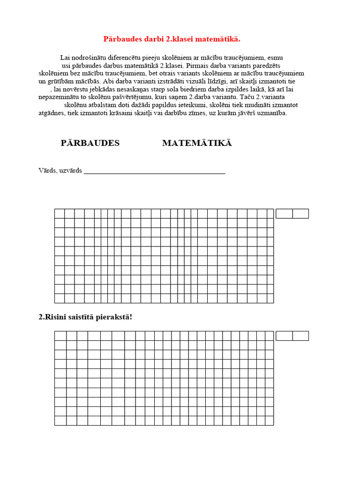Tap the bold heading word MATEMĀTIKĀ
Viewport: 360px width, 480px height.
coord(197,143)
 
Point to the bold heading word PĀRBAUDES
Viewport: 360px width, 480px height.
coord(90,143)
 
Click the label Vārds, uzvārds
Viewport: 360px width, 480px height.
coord(60,170)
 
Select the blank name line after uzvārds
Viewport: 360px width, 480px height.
coord(154,171)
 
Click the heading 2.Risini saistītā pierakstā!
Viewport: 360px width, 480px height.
coord(85,317)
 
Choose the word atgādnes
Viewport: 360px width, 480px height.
coord(52,113)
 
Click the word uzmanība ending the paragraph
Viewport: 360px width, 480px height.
coord(271,113)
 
